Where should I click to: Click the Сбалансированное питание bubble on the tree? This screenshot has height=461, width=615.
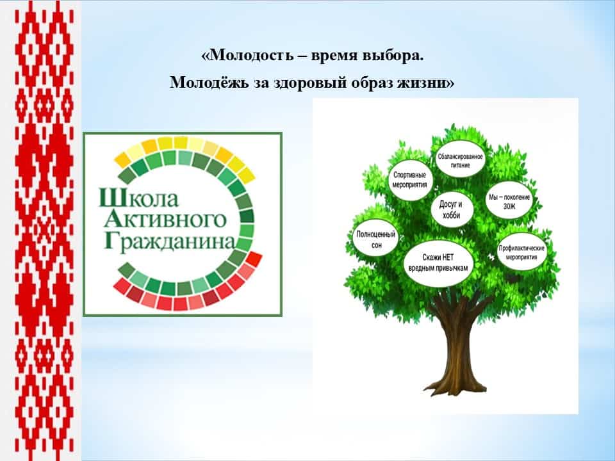coord(461,160)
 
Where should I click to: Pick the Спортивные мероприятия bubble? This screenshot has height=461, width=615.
coord(410,180)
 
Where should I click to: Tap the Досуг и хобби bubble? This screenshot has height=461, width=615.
coord(451,209)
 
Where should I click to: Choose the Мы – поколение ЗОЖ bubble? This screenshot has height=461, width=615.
coord(509,201)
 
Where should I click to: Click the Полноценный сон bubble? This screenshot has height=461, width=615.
coord(376,239)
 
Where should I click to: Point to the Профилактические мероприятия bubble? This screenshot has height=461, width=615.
coord(521,252)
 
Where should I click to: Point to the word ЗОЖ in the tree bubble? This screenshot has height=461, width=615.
coord(509,206)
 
